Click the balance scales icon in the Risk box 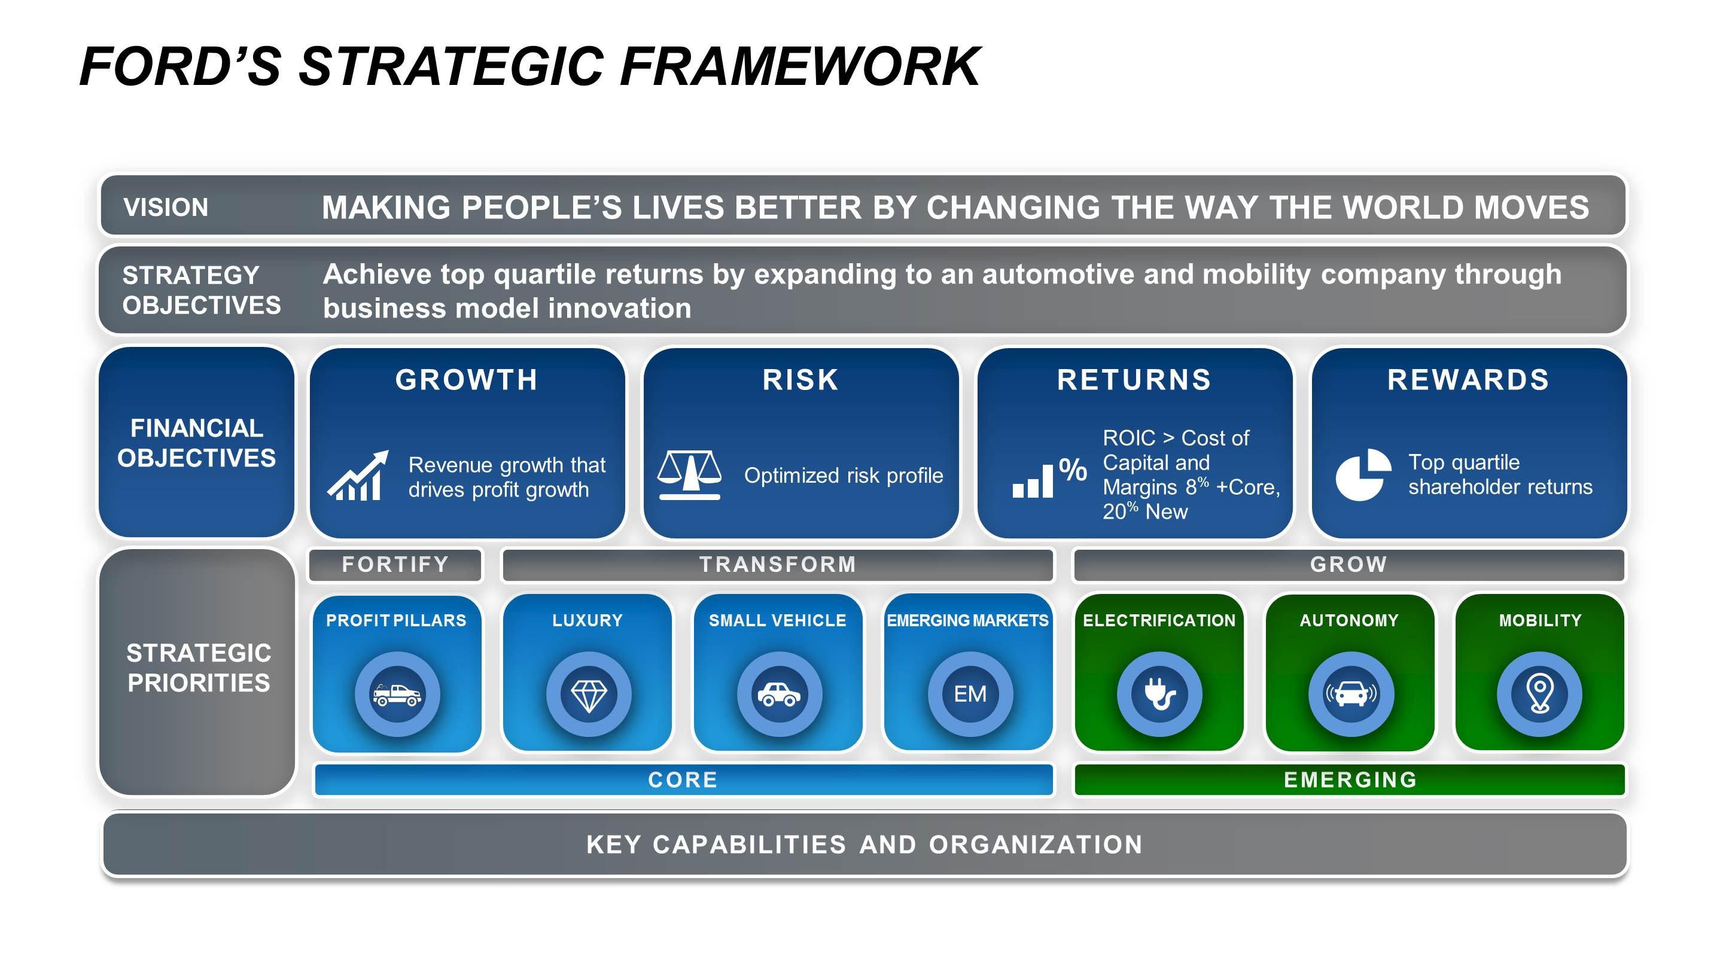click(689, 475)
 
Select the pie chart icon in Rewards click(1362, 475)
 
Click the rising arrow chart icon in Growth click(358, 476)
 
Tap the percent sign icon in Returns click(1072, 470)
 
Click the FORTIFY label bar click(395, 565)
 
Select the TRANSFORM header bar click(777, 565)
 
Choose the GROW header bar click(1348, 565)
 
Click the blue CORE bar click(683, 780)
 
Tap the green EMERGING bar click(1350, 780)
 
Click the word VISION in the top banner click(166, 208)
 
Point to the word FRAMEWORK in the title click(799, 67)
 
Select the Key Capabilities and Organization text click(864, 845)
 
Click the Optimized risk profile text click(844, 476)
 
